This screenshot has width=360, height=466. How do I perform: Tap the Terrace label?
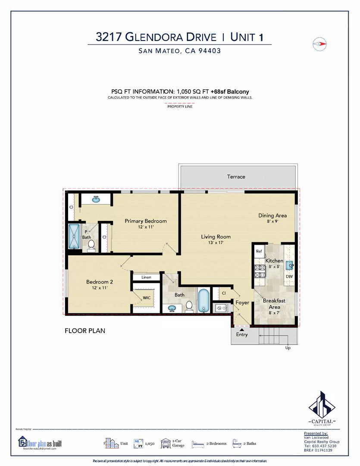pos(236,176)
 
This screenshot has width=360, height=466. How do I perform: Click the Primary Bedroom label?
pos(146,221)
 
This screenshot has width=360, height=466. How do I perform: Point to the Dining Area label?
pos(272,216)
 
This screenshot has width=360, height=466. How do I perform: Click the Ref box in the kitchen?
pos(259,251)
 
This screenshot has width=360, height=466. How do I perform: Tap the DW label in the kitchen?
pos(289,276)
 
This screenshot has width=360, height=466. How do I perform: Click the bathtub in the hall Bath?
pos(203,300)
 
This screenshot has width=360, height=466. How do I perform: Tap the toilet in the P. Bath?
pos(91,245)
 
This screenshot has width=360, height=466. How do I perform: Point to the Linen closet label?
pos(146,277)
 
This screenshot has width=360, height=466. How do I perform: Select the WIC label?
pos(147,297)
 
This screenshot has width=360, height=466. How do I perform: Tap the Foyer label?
pos(242,303)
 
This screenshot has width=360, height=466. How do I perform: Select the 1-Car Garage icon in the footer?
pos(166,443)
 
